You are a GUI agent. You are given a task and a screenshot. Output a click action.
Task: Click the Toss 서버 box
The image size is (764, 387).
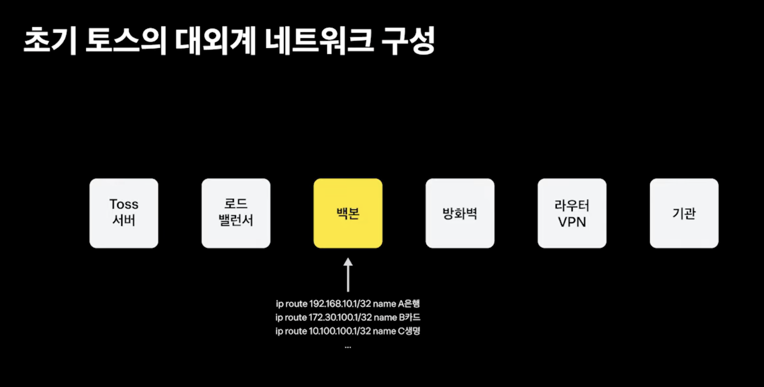[x=124, y=213]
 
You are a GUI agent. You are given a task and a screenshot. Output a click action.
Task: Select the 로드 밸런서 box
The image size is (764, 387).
[x=236, y=213]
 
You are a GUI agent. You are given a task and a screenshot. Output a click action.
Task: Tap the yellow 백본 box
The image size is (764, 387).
[x=348, y=213]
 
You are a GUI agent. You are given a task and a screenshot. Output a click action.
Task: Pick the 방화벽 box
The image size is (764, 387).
[x=460, y=213]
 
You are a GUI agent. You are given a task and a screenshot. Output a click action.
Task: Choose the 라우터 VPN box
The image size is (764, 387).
[x=572, y=213]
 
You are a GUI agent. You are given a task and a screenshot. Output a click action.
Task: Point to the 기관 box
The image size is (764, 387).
[x=684, y=213]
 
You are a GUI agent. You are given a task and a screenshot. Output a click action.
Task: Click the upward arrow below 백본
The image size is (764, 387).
[x=348, y=275]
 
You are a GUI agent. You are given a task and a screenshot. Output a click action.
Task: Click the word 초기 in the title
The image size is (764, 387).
[x=50, y=41]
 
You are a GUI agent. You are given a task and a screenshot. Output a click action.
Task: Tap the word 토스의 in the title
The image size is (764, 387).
[x=126, y=41]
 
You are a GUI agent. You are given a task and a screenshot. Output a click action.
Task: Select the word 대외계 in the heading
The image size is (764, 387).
[x=215, y=41]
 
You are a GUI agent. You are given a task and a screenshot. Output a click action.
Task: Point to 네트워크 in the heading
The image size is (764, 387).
[x=318, y=41]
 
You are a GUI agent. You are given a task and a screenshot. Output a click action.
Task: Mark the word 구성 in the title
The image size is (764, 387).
[x=408, y=41]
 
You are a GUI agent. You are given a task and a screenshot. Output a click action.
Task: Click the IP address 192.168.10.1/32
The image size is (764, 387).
[x=340, y=304]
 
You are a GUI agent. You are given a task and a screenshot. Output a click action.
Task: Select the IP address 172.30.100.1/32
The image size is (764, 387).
[x=340, y=318]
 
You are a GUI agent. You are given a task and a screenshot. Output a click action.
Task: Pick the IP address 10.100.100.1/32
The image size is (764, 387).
[x=340, y=331]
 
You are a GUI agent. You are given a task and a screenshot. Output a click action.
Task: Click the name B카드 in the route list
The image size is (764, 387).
[x=409, y=318]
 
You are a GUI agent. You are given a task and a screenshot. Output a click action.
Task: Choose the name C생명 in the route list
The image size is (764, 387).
[x=409, y=331]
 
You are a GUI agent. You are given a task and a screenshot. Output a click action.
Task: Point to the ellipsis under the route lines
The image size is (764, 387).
[x=348, y=347]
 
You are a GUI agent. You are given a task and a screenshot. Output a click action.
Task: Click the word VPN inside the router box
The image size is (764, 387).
[x=572, y=222]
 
